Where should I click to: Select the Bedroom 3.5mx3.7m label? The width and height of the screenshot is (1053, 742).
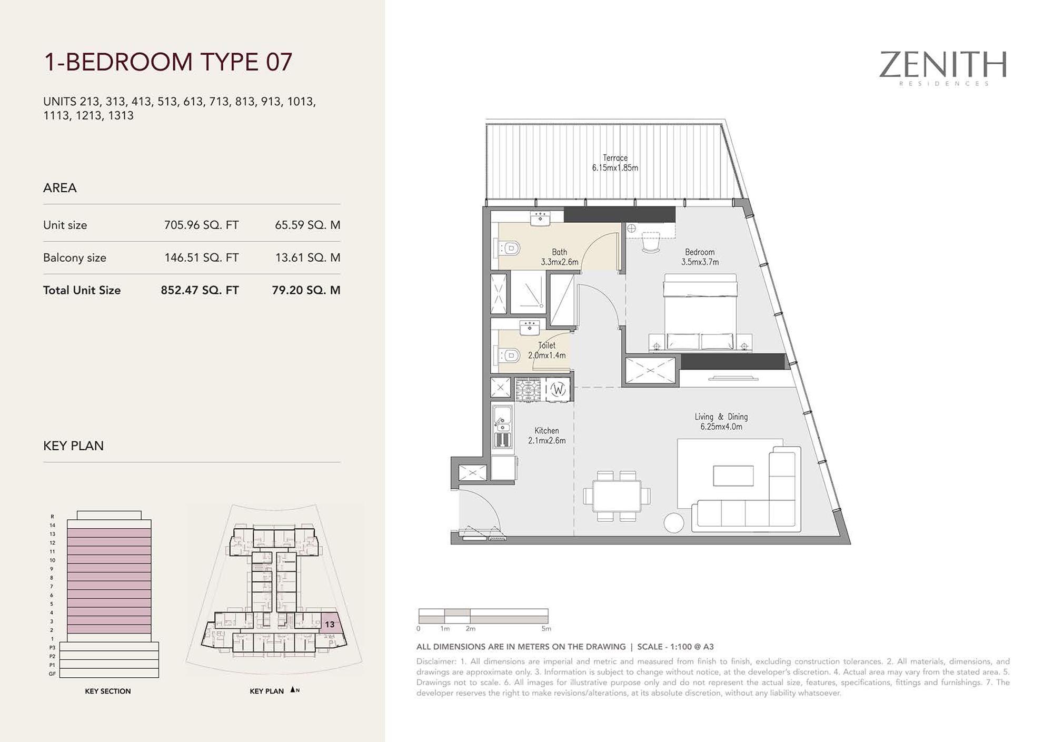pyautogui.click(x=700, y=257)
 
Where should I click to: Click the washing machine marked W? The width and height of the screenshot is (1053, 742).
pyautogui.click(x=558, y=390)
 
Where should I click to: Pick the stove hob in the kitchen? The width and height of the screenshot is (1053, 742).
pyautogui.click(x=528, y=390)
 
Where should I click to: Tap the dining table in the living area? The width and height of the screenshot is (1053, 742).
pyautogui.click(x=617, y=496)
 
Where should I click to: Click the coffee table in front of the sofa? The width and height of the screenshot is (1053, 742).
pyautogui.click(x=733, y=476)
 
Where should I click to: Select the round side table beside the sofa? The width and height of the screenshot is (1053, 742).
pyautogui.click(x=674, y=523)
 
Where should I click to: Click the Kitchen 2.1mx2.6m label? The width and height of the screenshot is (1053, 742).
pyautogui.click(x=547, y=436)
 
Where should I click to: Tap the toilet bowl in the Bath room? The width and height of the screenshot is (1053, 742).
pyautogui.click(x=508, y=248)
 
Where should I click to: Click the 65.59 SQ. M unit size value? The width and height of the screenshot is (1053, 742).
pyautogui.click(x=307, y=225)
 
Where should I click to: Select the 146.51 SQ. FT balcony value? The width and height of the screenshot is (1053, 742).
pyautogui.click(x=201, y=258)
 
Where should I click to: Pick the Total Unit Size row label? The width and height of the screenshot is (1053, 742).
pyautogui.click(x=82, y=290)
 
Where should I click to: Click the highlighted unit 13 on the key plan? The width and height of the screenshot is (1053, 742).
pyautogui.click(x=330, y=624)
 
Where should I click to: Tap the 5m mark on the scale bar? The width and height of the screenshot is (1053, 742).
pyautogui.click(x=547, y=628)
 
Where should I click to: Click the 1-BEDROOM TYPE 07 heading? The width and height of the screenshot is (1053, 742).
pyautogui.click(x=167, y=62)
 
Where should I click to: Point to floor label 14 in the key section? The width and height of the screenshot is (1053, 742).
pyautogui.click(x=52, y=525)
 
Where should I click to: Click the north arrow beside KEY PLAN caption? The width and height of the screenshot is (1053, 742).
pyautogui.click(x=293, y=689)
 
